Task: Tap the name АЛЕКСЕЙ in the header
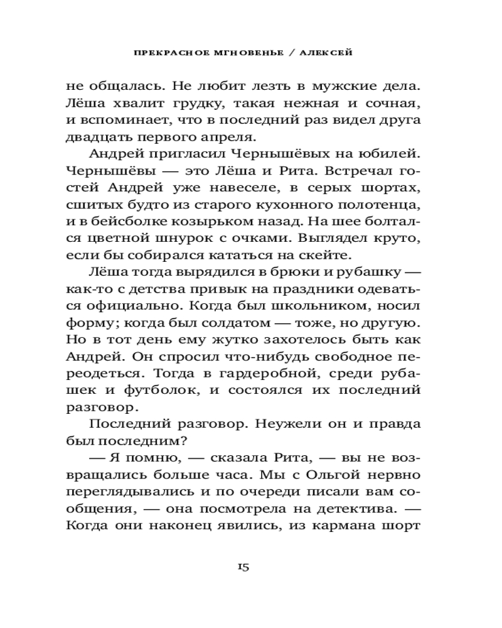coord(326,53)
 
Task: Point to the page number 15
coord(243,568)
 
